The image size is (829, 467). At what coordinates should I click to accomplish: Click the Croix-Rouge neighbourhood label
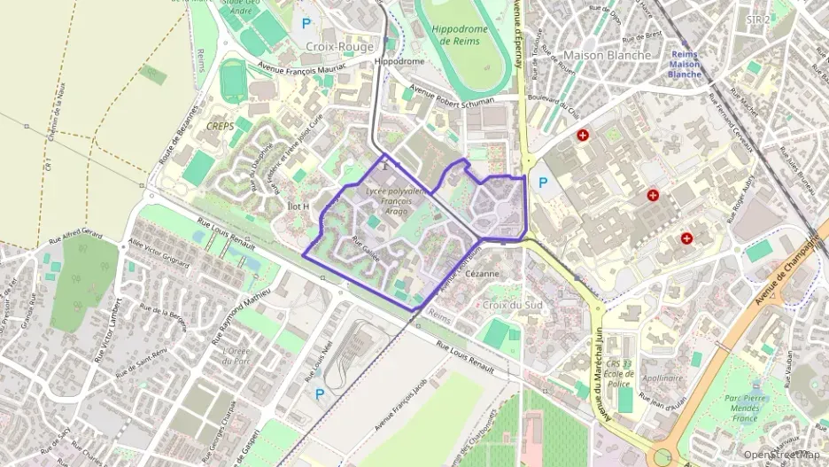click(339, 46)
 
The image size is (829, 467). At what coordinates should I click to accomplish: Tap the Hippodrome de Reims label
click(460, 35)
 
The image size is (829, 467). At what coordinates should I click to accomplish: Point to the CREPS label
click(219, 127)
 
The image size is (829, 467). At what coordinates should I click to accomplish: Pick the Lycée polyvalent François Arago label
click(395, 202)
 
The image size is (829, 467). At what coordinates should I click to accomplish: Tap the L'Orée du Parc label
click(237, 355)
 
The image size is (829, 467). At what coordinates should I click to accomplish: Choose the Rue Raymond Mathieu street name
click(241, 315)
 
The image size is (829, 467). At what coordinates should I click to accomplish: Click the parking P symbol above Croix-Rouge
click(306, 24)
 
